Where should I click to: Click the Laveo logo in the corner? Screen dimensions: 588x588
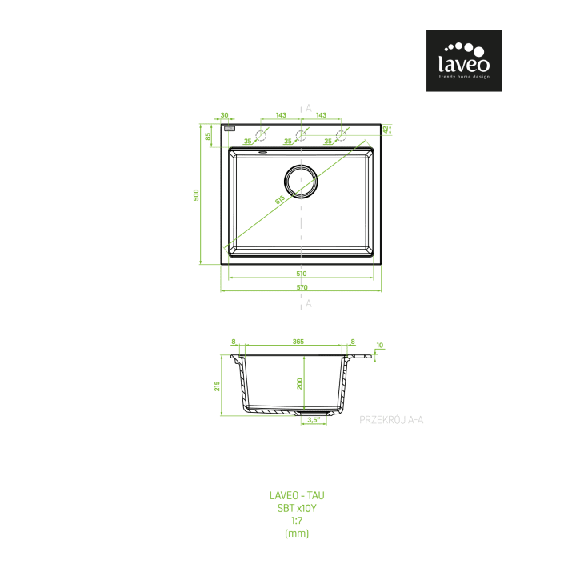tap(464, 60)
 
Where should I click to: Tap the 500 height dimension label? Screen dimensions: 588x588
tap(196, 195)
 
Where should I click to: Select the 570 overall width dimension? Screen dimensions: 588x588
tap(302, 287)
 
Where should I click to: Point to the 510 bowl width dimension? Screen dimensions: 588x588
tap(302, 274)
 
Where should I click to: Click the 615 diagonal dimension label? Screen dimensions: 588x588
tap(280, 200)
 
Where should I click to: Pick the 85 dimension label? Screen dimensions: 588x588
tap(208, 137)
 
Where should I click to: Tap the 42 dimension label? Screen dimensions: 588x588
tap(386, 130)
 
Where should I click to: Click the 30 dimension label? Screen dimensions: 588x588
tap(224, 115)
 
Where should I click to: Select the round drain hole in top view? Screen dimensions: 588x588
tap(301, 182)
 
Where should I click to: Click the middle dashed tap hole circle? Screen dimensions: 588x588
tap(301, 135)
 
